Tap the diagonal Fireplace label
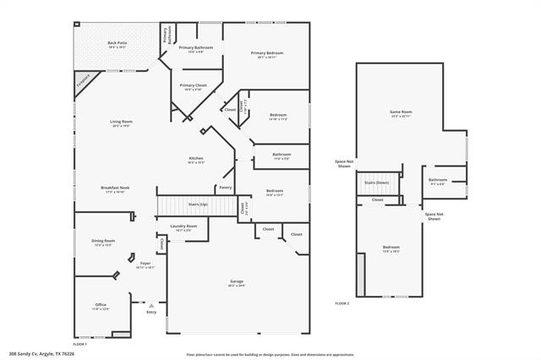tap(83, 81)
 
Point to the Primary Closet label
tap(193, 86)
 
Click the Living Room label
tap(121, 123)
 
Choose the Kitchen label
tap(195, 160)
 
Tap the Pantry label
tap(225, 187)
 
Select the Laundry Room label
tap(183, 227)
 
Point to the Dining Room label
tap(103, 243)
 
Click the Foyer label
tap(145, 265)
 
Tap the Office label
tap(101, 306)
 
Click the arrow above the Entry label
tap(151, 303)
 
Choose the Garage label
tap(237, 282)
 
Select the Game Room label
tap(401, 113)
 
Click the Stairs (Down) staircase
tap(377, 183)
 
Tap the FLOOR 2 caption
tap(342, 303)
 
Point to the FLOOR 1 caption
tap(79, 344)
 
